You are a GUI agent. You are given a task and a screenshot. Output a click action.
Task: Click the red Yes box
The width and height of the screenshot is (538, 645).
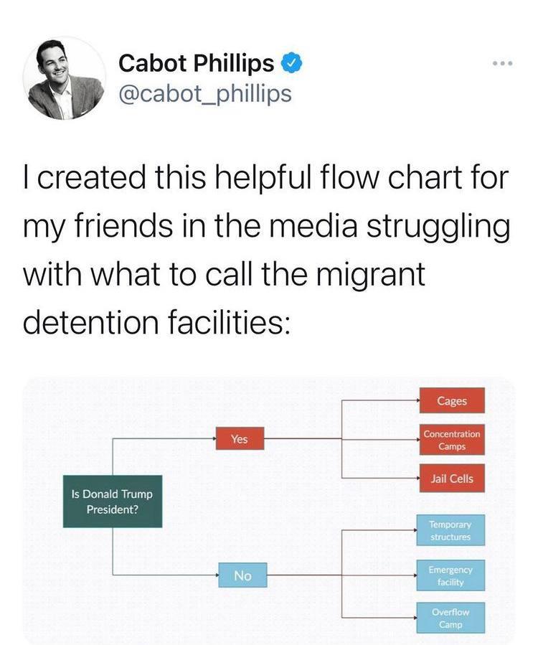[x=240, y=438]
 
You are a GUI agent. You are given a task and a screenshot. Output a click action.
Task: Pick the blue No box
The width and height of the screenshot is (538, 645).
[x=242, y=575]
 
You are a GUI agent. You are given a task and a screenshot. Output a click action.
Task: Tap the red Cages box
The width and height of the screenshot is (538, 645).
[x=452, y=400]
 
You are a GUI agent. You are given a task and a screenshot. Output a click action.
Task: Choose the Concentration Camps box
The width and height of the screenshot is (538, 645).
[x=452, y=440]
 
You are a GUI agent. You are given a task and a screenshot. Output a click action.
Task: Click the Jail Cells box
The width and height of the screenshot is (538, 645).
[x=452, y=479]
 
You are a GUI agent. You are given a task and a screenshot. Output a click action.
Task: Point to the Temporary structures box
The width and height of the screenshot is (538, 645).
[x=450, y=531]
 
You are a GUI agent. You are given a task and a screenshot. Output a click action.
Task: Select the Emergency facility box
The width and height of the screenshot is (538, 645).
[x=450, y=575]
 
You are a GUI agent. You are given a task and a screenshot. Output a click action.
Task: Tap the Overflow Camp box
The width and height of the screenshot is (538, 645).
[x=450, y=618]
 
